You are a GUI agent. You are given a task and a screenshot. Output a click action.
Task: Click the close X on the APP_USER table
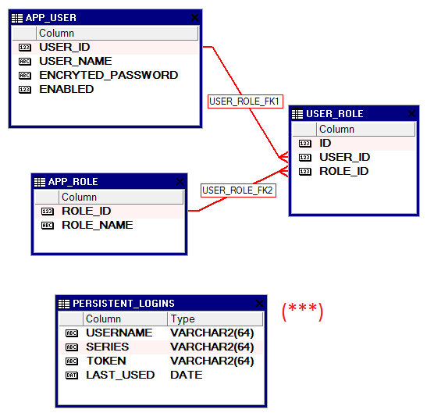tap(194, 18)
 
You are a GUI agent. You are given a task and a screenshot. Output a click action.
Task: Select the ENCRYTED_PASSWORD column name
tap(108, 75)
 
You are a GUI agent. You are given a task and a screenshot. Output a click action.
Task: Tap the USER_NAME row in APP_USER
tap(76, 61)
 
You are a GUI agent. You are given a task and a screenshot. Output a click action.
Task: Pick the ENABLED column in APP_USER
tap(66, 90)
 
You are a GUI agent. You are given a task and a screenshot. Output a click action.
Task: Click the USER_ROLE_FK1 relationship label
tap(245, 101)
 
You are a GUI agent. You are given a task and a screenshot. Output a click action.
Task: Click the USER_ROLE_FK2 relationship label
tap(238, 190)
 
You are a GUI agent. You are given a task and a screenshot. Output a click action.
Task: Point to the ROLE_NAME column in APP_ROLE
tap(98, 225)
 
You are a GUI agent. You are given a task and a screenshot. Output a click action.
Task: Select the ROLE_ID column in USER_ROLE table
tap(343, 172)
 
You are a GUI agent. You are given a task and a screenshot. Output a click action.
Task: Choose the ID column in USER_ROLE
tap(325, 143)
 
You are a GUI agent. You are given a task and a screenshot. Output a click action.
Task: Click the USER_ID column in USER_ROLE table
tap(344, 157)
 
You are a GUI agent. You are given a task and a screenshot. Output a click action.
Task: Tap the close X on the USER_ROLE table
tap(411, 113)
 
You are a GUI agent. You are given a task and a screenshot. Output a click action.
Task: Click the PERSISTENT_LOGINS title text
tap(123, 304)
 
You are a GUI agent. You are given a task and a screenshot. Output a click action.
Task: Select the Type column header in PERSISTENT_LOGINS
tap(183, 319)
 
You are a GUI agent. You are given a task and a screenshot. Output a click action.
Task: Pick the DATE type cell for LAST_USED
tap(187, 375)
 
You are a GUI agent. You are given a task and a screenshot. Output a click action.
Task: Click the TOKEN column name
tap(106, 361)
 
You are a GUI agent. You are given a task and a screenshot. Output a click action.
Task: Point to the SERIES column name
tap(108, 347)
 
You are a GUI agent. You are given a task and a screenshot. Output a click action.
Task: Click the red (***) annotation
tap(303, 311)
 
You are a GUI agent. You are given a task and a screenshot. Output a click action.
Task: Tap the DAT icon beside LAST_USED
tap(72, 376)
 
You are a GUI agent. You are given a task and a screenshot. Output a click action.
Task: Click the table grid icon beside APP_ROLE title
tap(40, 182)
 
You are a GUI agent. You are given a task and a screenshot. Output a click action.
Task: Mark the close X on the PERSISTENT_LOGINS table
tap(259, 304)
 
